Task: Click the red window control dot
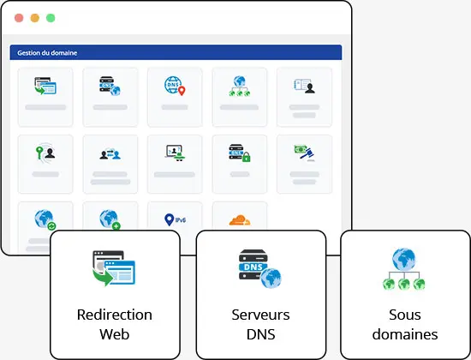click(19, 18)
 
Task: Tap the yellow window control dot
click(35, 18)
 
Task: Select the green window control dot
click(51, 18)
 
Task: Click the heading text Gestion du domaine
click(47, 53)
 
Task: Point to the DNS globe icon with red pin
click(175, 86)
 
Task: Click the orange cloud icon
click(240, 219)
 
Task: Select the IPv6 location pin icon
click(175, 219)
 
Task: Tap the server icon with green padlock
click(240, 153)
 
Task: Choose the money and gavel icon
click(304, 153)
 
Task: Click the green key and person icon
click(45, 153)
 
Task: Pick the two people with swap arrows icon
click(110, 154)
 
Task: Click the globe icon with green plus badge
click(110, 219)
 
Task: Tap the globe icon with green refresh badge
click(45, 219)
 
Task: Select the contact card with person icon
click(304, 86)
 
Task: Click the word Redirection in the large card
click(115, 315)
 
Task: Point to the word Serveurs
click(260, 315)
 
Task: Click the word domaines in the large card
click(405, 334)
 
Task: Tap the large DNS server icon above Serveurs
click(260, 268)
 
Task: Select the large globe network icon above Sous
click(404, 269)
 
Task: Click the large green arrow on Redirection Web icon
click(103, 277)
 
